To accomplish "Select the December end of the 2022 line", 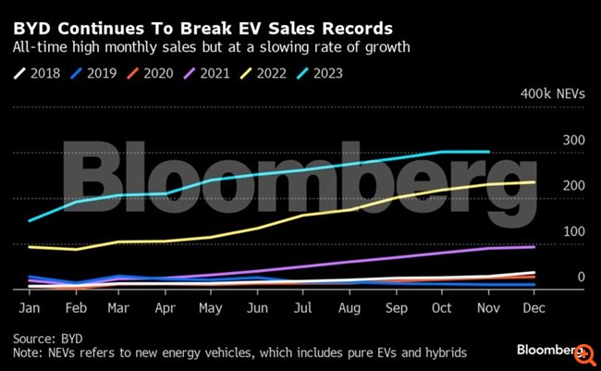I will (534, 182).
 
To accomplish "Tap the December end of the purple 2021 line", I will (534, 247).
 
